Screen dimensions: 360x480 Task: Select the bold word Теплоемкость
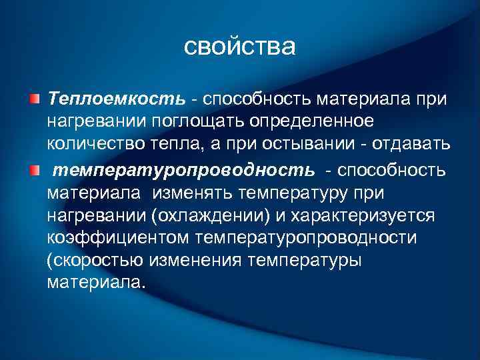tap(116, 99)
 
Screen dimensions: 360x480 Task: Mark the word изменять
tap(197, 193)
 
